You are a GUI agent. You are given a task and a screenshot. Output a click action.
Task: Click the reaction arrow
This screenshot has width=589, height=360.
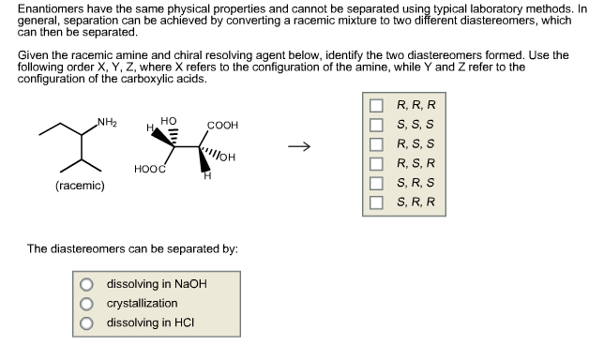[297, 146]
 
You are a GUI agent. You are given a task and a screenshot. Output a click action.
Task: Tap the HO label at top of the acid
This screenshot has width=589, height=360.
[168, 121]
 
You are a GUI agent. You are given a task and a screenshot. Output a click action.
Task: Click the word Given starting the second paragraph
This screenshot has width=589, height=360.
[34, 56]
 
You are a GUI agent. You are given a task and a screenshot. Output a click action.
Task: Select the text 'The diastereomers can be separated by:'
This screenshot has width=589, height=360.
[132, 249]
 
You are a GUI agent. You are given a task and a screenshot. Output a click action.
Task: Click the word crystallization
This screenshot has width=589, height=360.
[142, 304]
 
